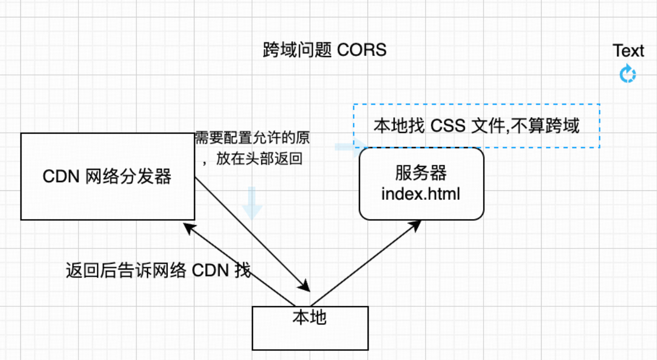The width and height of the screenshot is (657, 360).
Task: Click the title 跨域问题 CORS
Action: (x=324, y=50)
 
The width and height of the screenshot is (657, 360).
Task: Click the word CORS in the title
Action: (x=361, y=50)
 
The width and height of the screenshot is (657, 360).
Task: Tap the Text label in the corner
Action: (x=628, y=51)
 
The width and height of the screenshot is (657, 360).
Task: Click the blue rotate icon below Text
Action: (x=627, y=74)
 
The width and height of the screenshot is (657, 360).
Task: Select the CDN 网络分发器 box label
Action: (x=107, y=177)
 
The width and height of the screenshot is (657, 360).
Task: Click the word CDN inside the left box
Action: (x=61, y=177)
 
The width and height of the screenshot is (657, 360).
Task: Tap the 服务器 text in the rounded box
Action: (x=420, y=173)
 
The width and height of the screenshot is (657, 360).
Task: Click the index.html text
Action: (x=420, y=193)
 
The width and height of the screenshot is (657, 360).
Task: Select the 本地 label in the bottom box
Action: (x=309, y=317)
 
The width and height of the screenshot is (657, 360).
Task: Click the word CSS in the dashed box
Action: (x=448, y=126)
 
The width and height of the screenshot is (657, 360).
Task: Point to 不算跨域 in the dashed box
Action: (x=545, y=126)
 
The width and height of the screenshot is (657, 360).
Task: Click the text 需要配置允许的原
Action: (x=252, y=137)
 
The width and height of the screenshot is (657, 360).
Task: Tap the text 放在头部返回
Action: (x=259, y=158)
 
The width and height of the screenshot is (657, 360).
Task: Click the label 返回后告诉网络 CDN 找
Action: (x=158, y=270)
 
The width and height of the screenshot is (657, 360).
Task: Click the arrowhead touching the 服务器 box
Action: (x=416, y=225)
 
